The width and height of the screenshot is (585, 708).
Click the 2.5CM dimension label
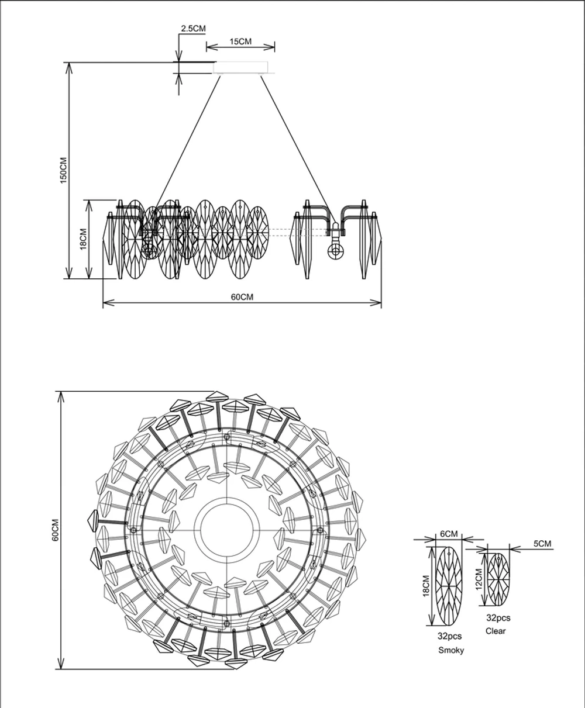[193, 29]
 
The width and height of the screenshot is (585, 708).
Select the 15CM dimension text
[240, 42]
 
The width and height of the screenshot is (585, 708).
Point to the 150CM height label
[64, 170]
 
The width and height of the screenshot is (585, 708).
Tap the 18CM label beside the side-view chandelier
[83, 239]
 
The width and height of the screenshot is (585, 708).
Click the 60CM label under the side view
[242, 297]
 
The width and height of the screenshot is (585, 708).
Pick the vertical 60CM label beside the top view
[55, 529]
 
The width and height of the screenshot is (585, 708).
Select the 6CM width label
[448, 534]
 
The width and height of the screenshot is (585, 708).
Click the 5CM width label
[542, 544]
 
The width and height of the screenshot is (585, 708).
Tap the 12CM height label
[479, 579]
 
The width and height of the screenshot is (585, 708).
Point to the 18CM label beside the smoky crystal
[426, 585]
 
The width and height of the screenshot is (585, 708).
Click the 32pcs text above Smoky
[449, 637]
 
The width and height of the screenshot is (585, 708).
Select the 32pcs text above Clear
[498, 617]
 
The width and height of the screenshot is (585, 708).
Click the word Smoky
[450, 650]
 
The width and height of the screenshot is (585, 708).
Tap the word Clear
[495, 631]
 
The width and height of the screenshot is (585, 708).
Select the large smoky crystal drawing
[450, 585]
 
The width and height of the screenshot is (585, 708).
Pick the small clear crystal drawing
[498, 579]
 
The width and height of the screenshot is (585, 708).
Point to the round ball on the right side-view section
[336, 251]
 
